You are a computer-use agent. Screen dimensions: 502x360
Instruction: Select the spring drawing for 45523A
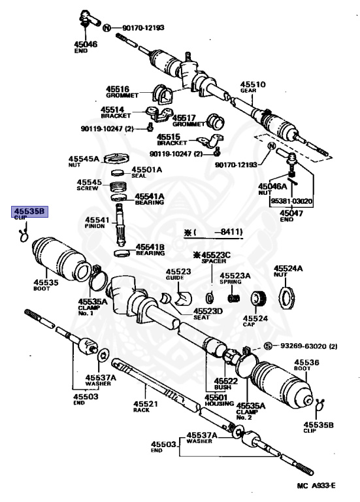pyautogui.click(x=234, y=299)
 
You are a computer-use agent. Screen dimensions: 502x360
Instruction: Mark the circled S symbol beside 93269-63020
pyautogui.click(x=267, y=346)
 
